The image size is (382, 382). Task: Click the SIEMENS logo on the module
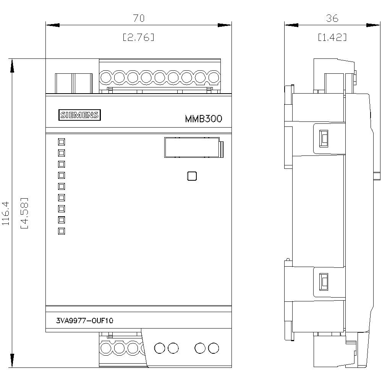point(79,115)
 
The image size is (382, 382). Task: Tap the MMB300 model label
point(203,119)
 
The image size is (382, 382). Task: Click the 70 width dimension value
point(139,18)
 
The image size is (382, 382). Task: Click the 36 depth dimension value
point(332,18)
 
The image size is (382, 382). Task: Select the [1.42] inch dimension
point(332,37)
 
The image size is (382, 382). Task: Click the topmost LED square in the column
point(61,142)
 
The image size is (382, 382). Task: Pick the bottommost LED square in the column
point(61,231)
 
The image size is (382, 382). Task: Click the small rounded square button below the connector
point(191,176)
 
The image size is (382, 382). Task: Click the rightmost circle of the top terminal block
point(214,78)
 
